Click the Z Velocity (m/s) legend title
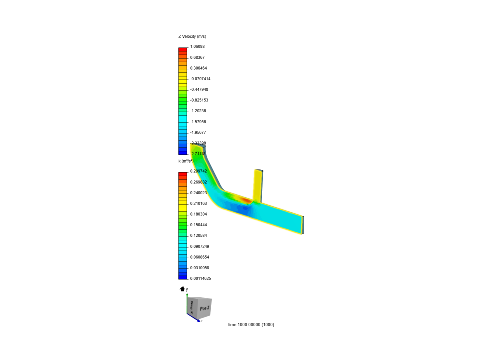(x=192, y=36)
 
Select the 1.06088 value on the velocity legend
(x=197, y=46)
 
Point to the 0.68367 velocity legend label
(x=197, y=57)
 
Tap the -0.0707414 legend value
(x=200, y=79)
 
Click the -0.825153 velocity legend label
(x=199, y=100)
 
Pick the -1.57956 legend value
(x=198, y=122)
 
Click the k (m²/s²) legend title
(x=186, y=161)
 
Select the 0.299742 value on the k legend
(x=198, y=171)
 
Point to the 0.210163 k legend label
(x=198, y=203)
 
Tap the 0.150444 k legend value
(x=198, y=225)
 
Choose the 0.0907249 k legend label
(x=200, y=246)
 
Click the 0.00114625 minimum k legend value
(x=200, y=278)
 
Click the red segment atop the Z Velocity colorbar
(x=183, y=49)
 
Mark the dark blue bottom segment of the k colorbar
(x=183, y=277)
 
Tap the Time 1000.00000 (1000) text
(x=250, y=324)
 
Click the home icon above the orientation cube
(x=182, y=289)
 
